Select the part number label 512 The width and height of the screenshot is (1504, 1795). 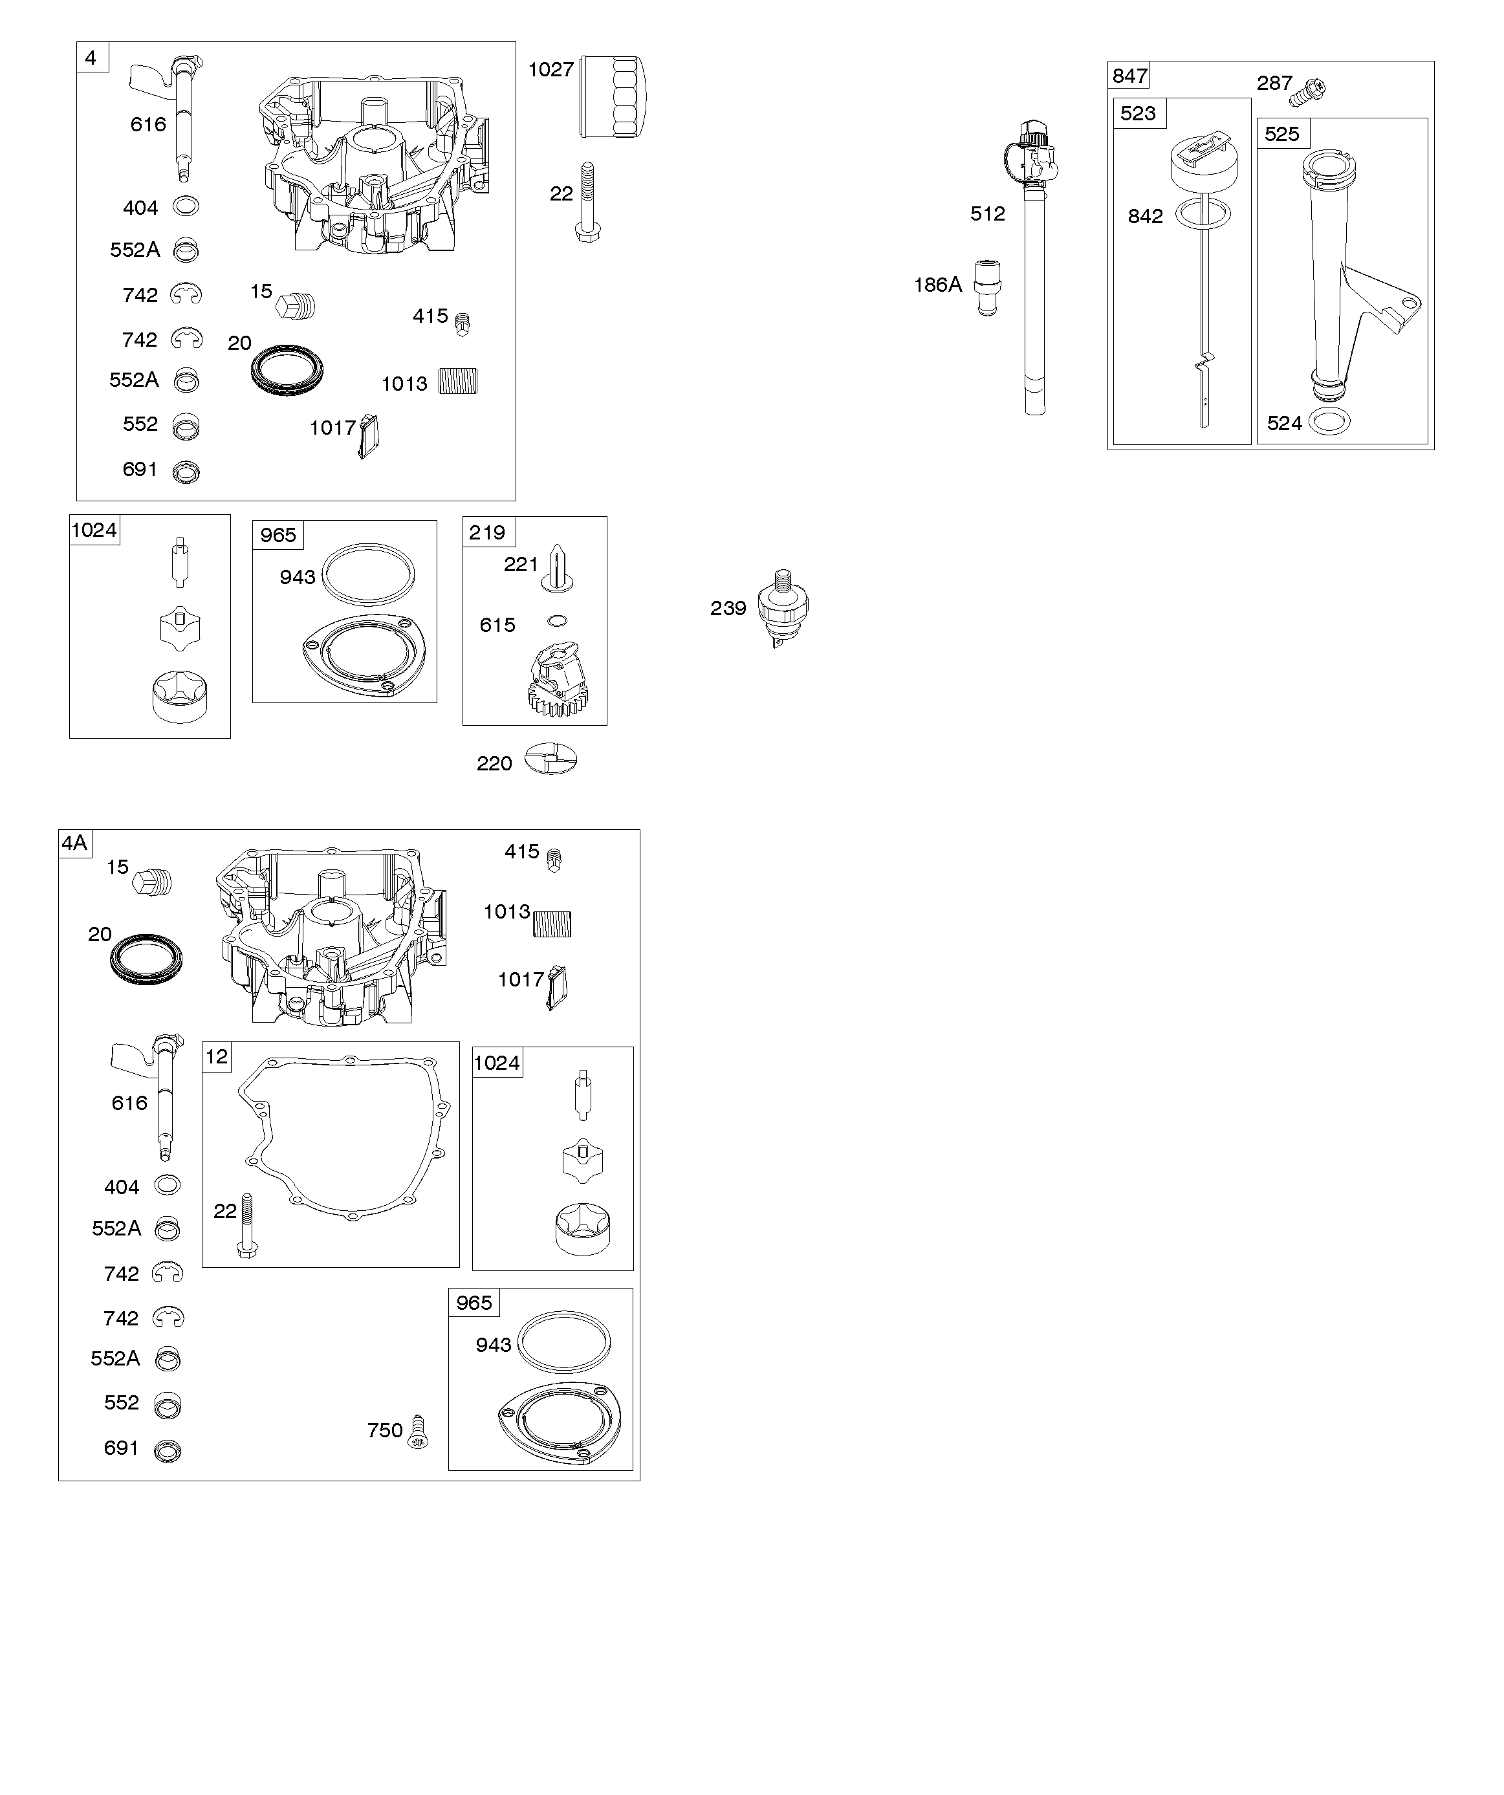[x=988, y=213]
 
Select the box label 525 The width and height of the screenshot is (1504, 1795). [x=1281, y=134]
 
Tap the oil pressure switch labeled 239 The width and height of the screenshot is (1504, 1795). [x=783, y=608]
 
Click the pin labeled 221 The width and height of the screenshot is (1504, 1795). [x=556, y=567]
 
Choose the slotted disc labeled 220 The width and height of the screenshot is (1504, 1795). [x=550, y=759]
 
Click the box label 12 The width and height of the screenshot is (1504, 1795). [x=217, y=1058]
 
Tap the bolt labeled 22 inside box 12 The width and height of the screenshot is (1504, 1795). [x=247, y=1226]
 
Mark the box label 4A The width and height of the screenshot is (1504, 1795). [x=74, y=843]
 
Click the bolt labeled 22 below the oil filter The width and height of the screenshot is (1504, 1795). [x=587, y=202]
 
